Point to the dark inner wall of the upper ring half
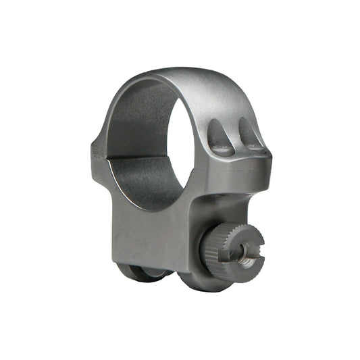135,118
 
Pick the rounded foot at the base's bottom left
135,272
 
